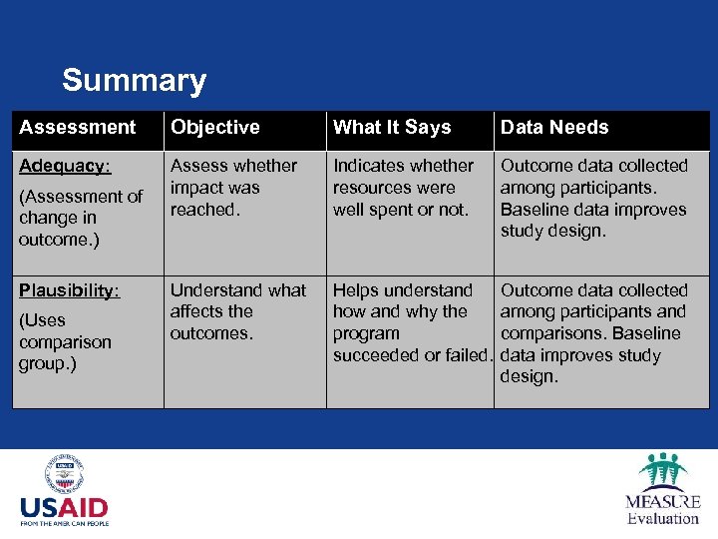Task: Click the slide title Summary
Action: [x=134, y=80]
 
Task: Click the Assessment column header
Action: [x=77, y=128]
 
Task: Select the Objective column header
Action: [x=214, y=128]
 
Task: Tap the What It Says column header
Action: [x=392, y=128]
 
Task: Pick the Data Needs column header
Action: [x=553, y=128]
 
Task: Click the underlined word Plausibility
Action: [x=69, y=290]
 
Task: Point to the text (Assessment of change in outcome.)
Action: [x=80, y=219]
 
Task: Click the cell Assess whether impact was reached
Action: [x=233, y=188]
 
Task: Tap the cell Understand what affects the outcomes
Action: [x=237, y=311]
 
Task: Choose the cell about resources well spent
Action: [x=403, y=188]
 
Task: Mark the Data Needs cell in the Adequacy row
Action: [x=593, y=198]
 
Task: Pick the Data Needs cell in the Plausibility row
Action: [x=593, y=333]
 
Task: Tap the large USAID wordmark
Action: [x=64, y=508]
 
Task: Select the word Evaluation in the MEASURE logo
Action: [x=662, y=518]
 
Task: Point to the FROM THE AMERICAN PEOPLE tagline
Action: [x=64, y=522]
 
